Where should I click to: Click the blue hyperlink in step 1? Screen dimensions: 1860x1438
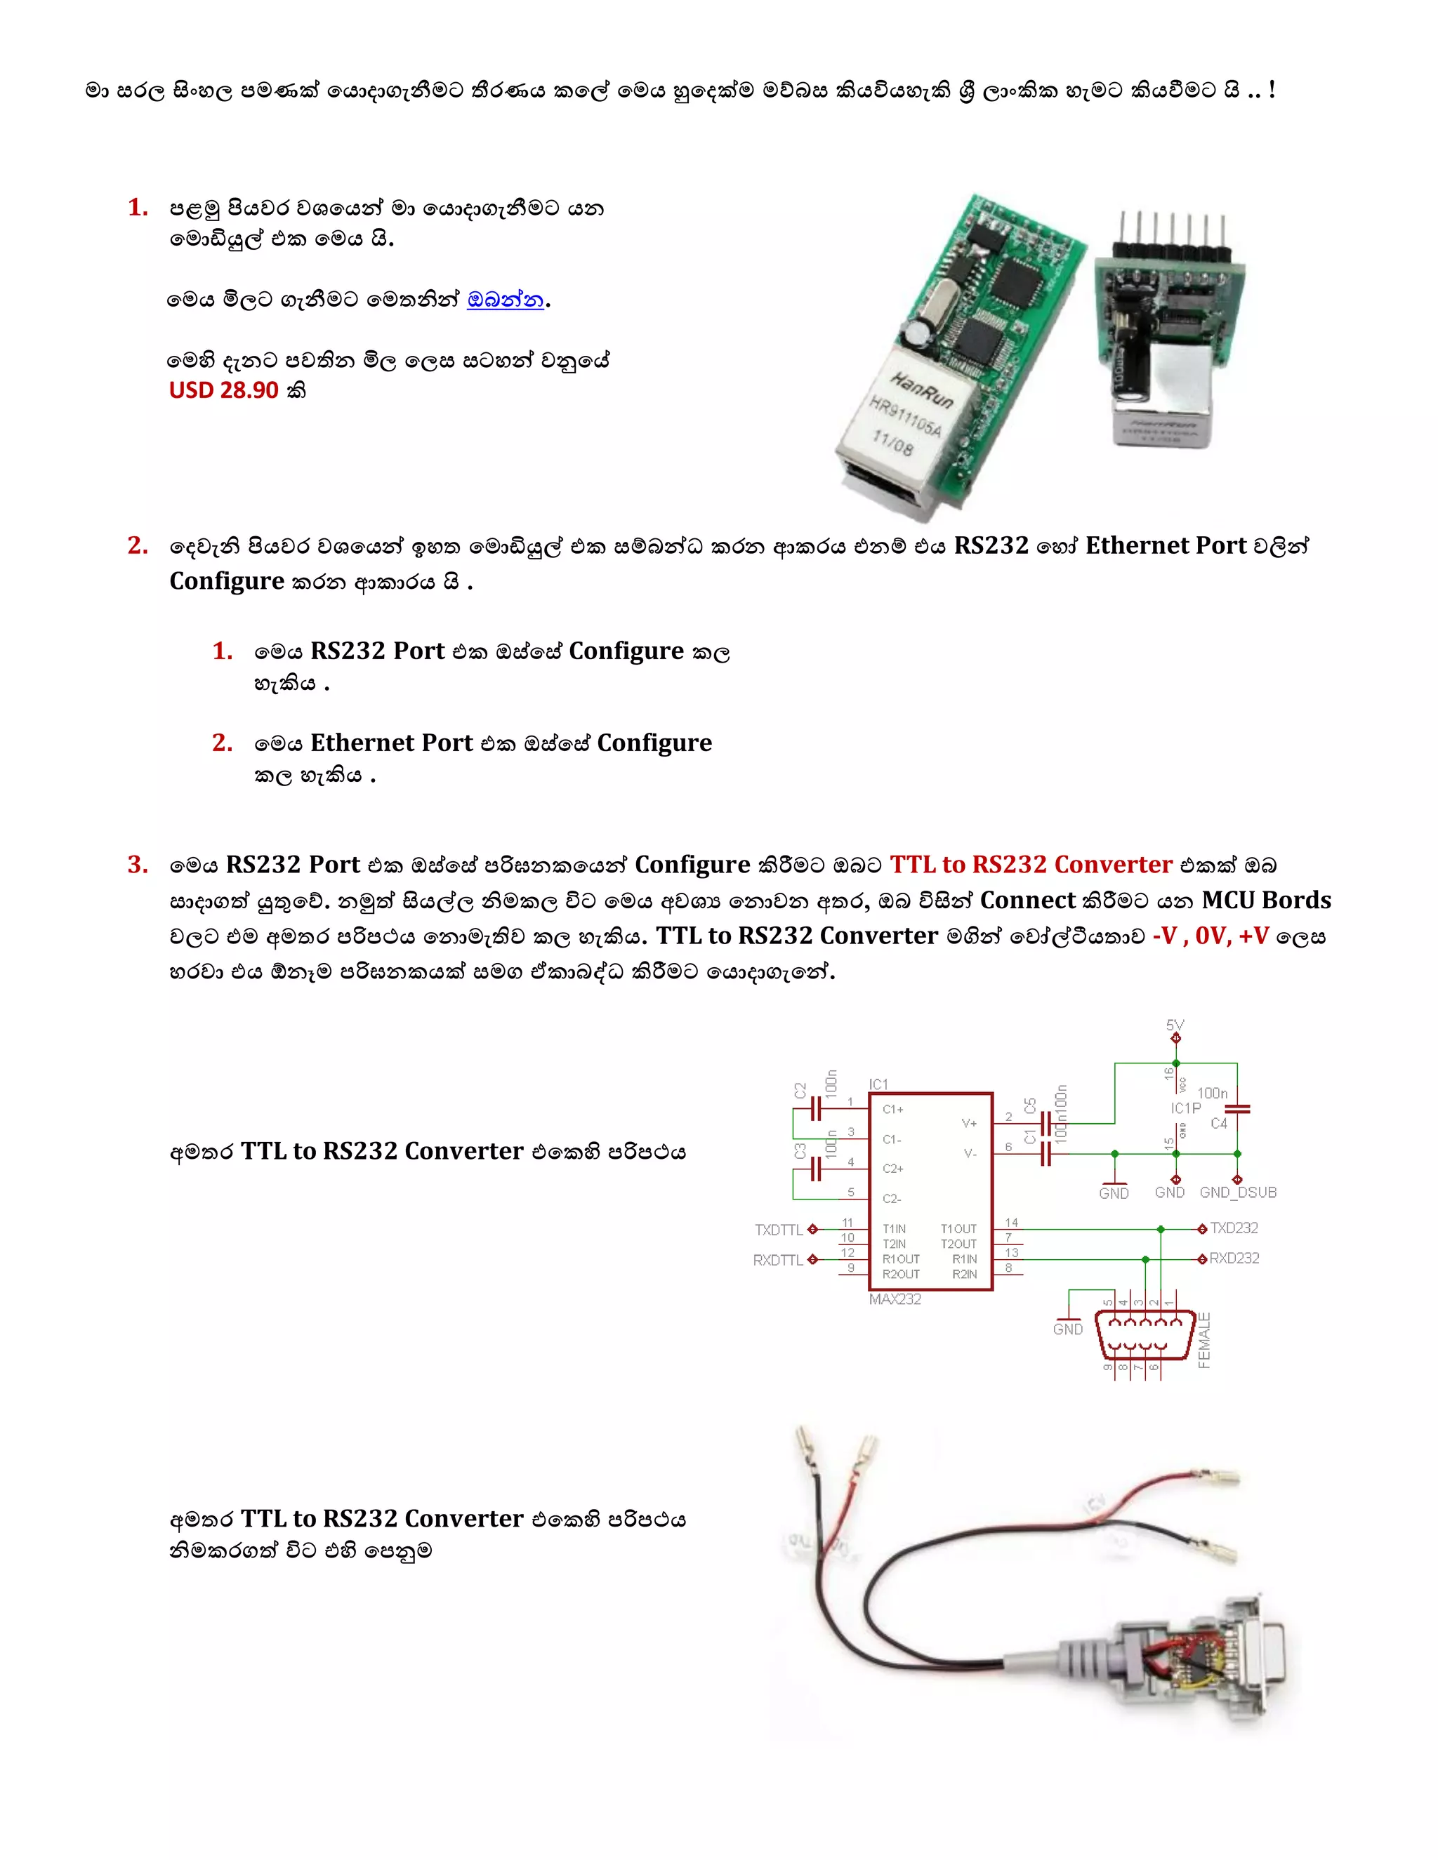pos(505,300)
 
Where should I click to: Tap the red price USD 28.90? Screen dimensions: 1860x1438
pos(224,390)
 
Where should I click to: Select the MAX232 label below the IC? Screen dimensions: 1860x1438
pos(895,1298)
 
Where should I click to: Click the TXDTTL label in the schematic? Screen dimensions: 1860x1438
pos(779,1230)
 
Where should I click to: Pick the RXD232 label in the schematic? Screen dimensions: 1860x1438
pos(1234,1258)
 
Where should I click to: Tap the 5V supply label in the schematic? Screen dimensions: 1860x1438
pos(1175,1025)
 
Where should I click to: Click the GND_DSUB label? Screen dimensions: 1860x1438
pos(1238,1193)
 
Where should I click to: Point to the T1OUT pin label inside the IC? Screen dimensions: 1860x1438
pos(958,1229)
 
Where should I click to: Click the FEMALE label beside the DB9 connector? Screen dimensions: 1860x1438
pos(1203,1341)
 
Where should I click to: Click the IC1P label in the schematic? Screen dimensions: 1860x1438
pos(1185,1108)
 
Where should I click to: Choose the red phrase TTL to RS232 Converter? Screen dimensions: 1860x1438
pos(1031,865)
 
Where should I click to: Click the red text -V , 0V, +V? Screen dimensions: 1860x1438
pos(1210,936)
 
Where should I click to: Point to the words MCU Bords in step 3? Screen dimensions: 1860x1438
pos(1266,901)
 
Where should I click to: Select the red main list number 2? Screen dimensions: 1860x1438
pos(137,545)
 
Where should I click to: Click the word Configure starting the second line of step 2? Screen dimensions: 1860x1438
pos(227,581)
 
